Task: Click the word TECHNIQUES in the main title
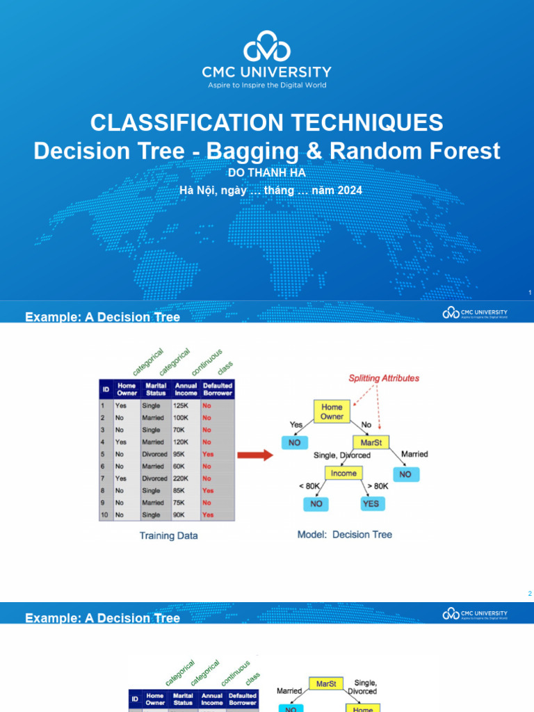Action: point(362,123)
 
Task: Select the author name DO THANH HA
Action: point(266,172)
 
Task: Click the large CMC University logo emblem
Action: point(266,47)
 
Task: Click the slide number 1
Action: point(529,293)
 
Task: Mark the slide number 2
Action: point(529,594)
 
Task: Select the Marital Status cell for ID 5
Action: point(155,454)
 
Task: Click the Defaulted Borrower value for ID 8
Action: point(208,491)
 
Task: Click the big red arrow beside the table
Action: point(255,455)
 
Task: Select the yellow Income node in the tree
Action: point(343,474)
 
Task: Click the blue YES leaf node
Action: point(371,503)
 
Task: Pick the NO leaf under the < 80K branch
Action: point(316,503)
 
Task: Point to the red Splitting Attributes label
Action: point(384,378)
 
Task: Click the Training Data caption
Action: point(168,536)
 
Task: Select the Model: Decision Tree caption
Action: point(344,535)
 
